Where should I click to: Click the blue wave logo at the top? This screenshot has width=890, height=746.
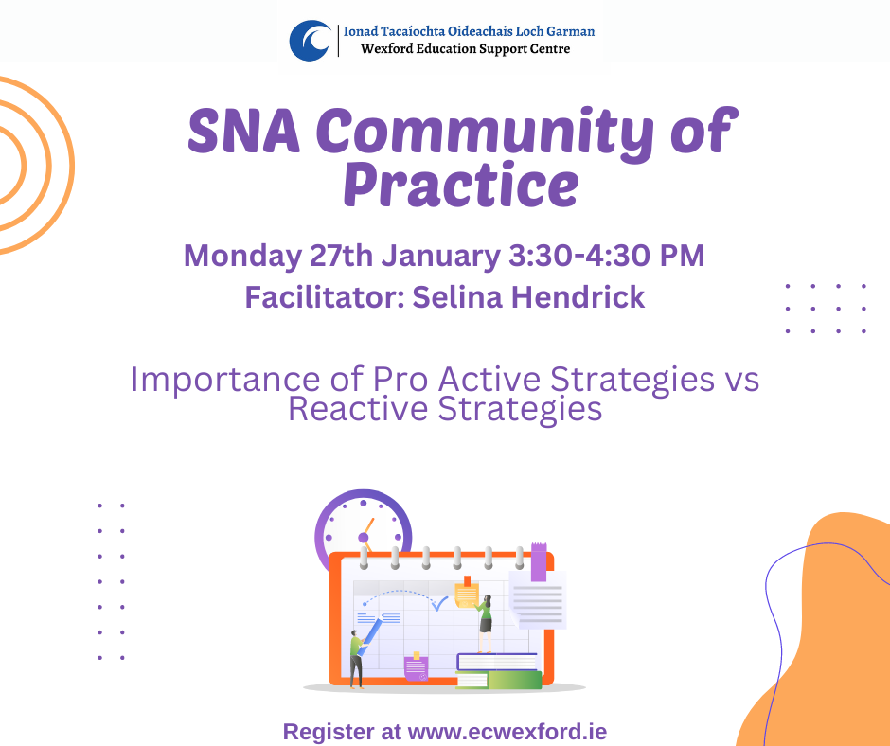coord(311,40)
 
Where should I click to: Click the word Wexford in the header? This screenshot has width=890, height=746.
coord(388,48)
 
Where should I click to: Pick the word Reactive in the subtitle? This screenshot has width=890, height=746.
coord(354,409)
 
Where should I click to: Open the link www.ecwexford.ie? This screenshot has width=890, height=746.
coord(507,732)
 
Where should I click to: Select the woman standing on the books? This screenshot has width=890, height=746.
coord(485,621)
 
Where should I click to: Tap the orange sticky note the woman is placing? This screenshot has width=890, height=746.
coord(466,594)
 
